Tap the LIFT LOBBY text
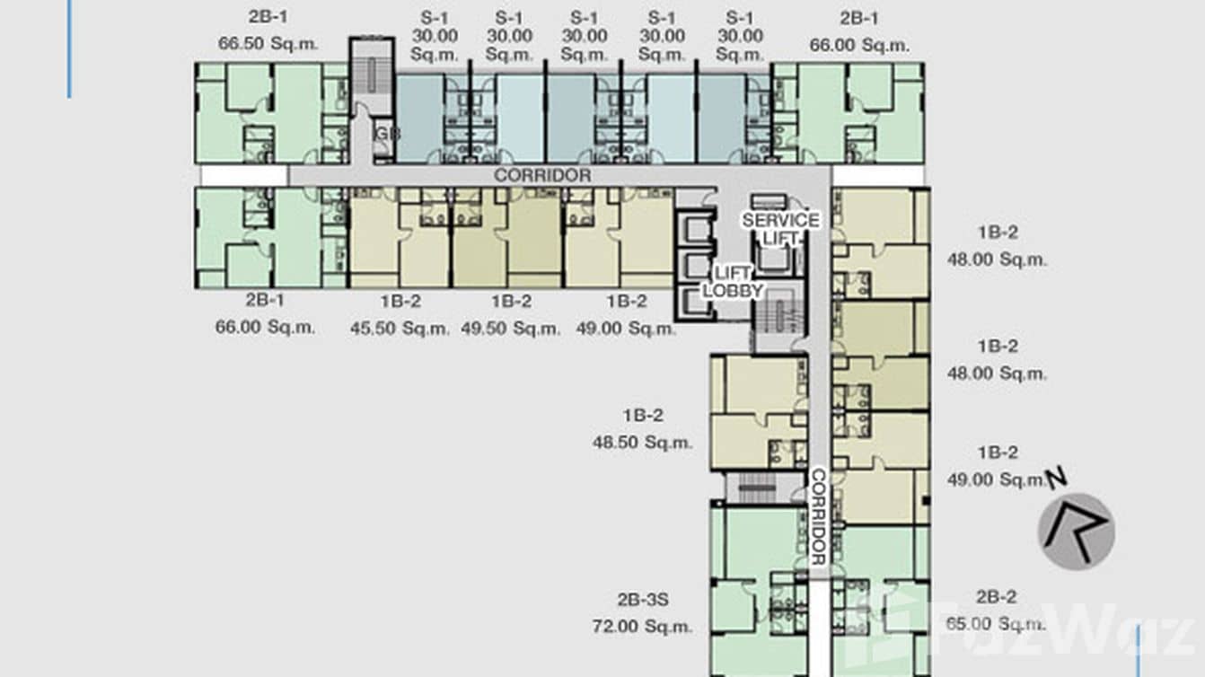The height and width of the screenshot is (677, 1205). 733,281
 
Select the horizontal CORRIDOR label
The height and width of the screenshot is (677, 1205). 542,175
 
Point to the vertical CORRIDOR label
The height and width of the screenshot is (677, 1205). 818,517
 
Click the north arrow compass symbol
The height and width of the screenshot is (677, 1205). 1077,531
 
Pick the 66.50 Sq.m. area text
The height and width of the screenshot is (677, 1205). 268,44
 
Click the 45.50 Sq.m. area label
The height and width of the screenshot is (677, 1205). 400,329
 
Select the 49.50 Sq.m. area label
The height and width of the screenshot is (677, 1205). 511,329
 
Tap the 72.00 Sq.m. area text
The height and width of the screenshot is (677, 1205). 642,627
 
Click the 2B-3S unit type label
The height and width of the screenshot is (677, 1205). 642,600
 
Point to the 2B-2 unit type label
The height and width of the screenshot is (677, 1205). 996,597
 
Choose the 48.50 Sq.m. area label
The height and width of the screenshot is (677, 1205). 642,442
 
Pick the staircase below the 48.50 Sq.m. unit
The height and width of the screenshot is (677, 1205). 756,488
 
